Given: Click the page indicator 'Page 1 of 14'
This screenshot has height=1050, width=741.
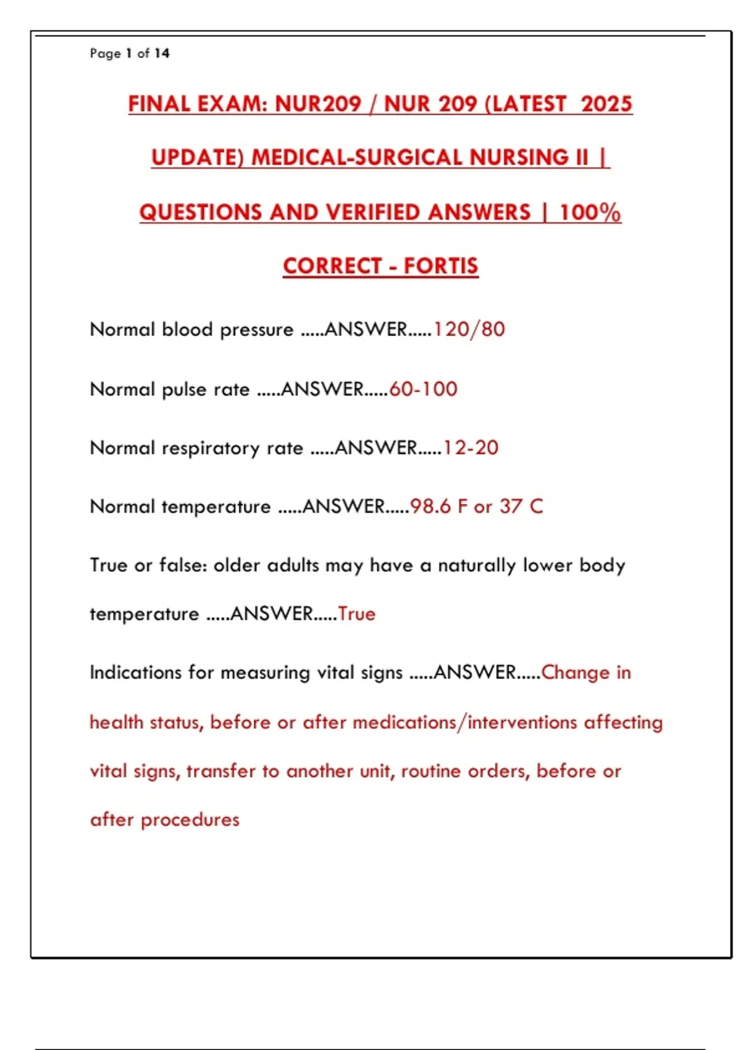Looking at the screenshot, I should pos(130,54).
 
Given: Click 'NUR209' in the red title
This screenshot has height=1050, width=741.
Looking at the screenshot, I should pos(317,104).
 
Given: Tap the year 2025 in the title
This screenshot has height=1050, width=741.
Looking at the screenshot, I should pos(606,104).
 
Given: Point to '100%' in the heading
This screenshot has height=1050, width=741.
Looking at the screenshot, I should pos(590,212).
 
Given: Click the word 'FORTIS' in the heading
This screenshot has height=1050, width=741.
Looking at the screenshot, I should pos(441,266).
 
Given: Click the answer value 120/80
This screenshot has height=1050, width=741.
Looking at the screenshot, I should pos(469,329).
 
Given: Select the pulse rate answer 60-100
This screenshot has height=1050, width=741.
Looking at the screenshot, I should pos(424,389).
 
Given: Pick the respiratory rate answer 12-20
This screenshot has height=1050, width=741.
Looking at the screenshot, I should pos(471,448).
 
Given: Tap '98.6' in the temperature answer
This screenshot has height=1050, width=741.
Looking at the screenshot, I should pos(430,506).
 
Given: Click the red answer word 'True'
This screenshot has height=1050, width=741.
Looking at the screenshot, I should pos(357,614).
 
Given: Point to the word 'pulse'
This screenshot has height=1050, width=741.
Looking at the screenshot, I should pos(183,390).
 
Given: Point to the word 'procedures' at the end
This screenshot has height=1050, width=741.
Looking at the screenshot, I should pos(190,820).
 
